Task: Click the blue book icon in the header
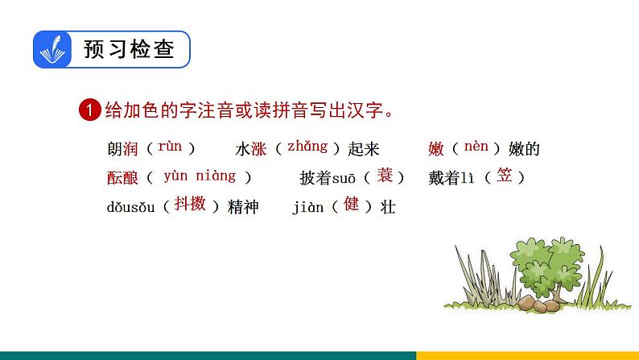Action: (53, 51)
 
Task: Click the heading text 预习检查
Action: (128, 50)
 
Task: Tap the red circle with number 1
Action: (89, 110)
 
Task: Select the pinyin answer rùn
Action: (170, 147)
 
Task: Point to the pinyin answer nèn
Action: (476, 147)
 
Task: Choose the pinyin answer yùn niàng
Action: (200, 176)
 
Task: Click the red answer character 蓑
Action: (385, 175)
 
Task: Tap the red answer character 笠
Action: (505, 175)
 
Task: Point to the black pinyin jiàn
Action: (307, 207)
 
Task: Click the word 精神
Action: (243, 207)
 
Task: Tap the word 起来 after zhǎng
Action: (363, 149)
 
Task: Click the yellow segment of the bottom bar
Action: (527, 354)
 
